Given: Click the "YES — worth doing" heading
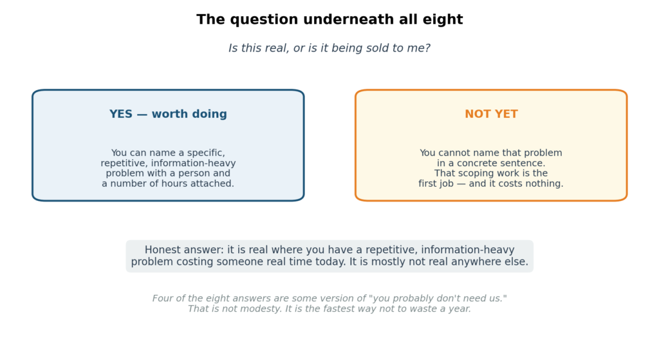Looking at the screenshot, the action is pyautogui.click(x=168, y=114).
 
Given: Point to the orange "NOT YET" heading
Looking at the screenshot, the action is pyautogui.click(x=491, y=114).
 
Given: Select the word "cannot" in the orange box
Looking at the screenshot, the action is pyautogui.click(x=454, y=153).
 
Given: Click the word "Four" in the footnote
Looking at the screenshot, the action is pyautogui.click(x=161, y=298).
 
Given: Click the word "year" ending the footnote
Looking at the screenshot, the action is pyautogui.click(x=461, y=308).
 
